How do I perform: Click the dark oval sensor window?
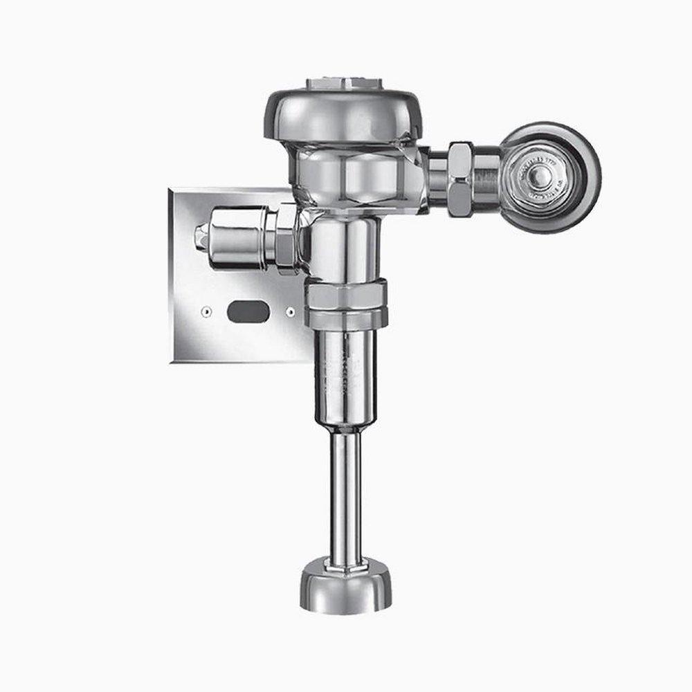(248, 312)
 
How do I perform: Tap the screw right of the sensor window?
(290, 312)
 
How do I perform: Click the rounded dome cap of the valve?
(332, 115)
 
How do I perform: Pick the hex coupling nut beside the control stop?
(461, 179)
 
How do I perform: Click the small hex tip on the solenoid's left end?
(201, 236)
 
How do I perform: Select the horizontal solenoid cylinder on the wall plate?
(235, 237)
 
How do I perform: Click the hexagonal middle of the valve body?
(353, 177)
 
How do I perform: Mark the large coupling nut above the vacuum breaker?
(346, 302)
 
